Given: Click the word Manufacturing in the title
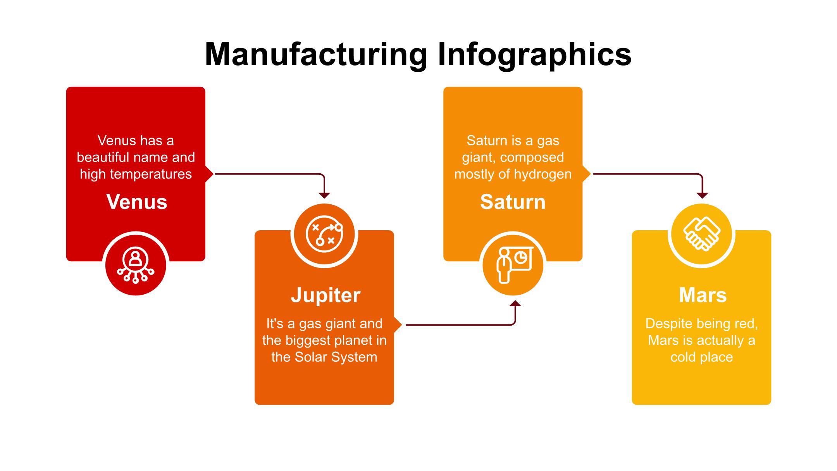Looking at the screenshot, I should click(x=315, y=54).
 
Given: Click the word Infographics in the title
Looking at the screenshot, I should click(x=534, y=54).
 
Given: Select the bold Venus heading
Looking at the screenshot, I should click(x=136, y=202).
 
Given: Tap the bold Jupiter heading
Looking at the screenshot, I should click(x=325, y=295).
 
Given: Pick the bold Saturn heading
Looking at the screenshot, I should click(x=513, y=202).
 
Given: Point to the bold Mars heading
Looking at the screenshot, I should click(x=703, y=295).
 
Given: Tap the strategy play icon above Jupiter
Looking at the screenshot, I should click(x=324, y=234).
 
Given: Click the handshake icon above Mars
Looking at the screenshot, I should click(x=702, y=234).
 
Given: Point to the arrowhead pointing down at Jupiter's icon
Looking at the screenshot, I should click(x=324, y=195).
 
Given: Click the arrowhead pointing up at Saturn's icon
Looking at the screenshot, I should click(x=515, y=303).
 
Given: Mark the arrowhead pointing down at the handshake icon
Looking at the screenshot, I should click(x=702, y=195).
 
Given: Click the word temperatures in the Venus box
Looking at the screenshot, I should click(x=151, y=174).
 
